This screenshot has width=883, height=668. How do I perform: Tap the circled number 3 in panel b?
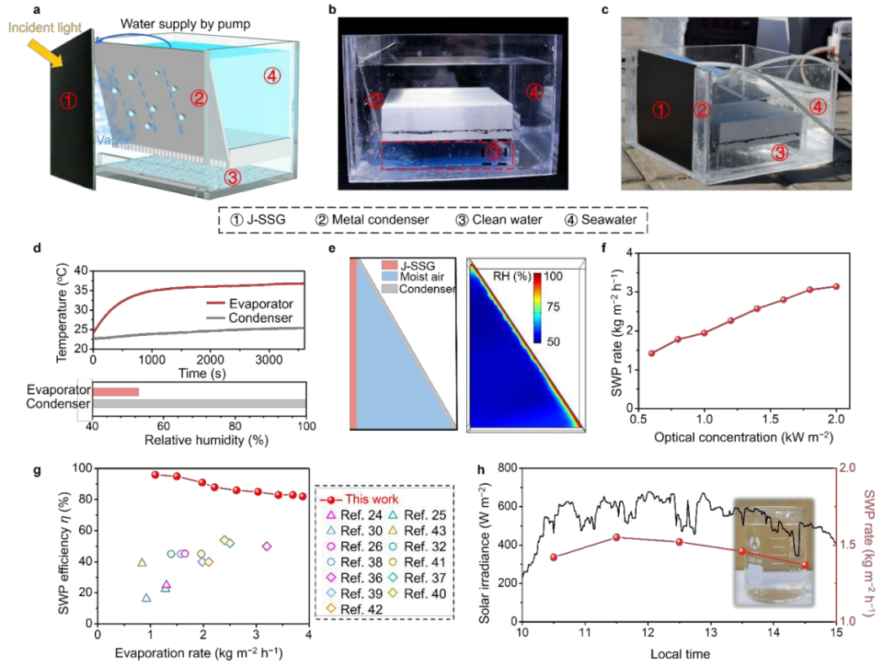[491, 152]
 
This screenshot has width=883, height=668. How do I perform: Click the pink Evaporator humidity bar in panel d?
[115, 392]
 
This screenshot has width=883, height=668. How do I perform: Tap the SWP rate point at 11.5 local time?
[616, 537]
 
